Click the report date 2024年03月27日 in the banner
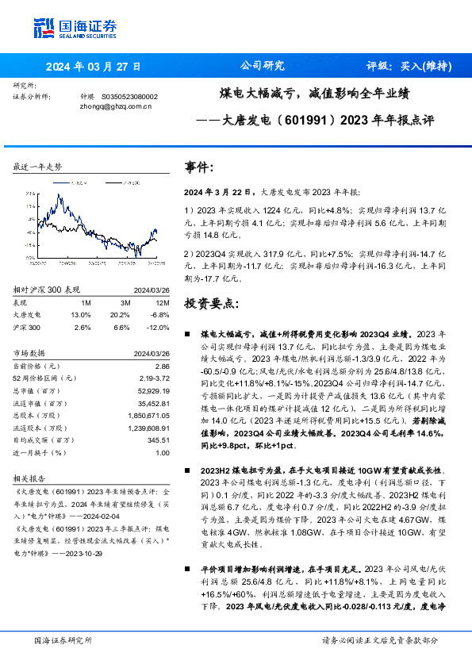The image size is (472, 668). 93,67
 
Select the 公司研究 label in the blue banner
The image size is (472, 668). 261,66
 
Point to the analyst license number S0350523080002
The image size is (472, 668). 130,95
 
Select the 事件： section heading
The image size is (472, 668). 199,167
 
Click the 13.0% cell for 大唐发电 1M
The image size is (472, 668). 80,314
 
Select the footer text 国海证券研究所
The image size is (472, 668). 63,639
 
